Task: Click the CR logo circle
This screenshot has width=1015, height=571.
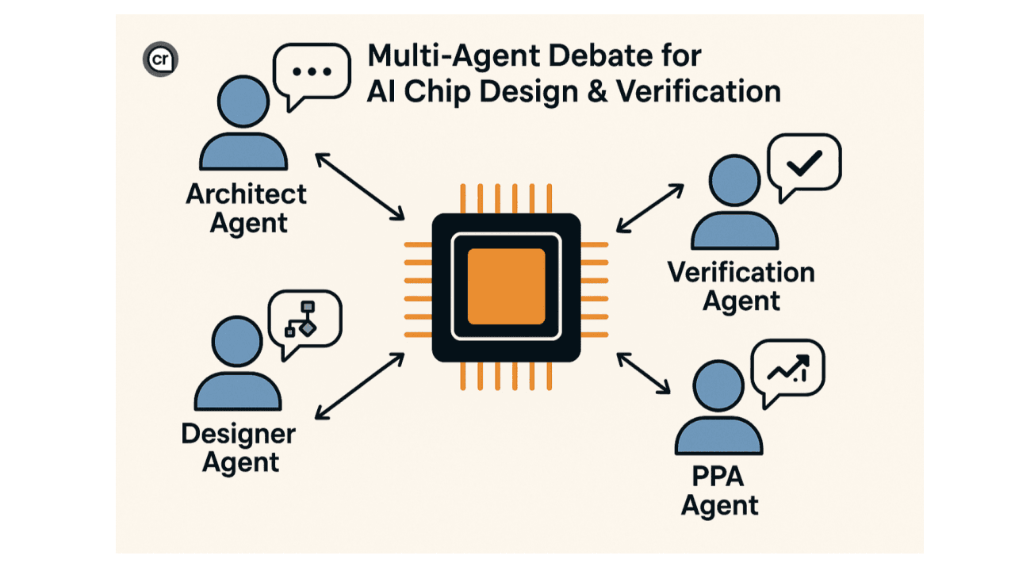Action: click(x=161, y=59)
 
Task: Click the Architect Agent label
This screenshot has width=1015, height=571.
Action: click(x=247, y=208)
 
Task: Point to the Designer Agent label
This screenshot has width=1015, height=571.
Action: click(x=238, y=448)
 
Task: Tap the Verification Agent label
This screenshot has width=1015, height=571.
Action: click(x=741, y=287)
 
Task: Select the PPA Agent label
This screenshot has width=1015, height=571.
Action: click(x=720, y=492)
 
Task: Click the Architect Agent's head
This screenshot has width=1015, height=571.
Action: click(x=243, y=101)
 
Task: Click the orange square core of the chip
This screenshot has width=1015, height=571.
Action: click(x=506, y=286)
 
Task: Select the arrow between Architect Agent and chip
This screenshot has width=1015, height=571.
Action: click(x=361, y=186)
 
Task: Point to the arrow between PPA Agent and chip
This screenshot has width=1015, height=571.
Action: click(x=644, y=374)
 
